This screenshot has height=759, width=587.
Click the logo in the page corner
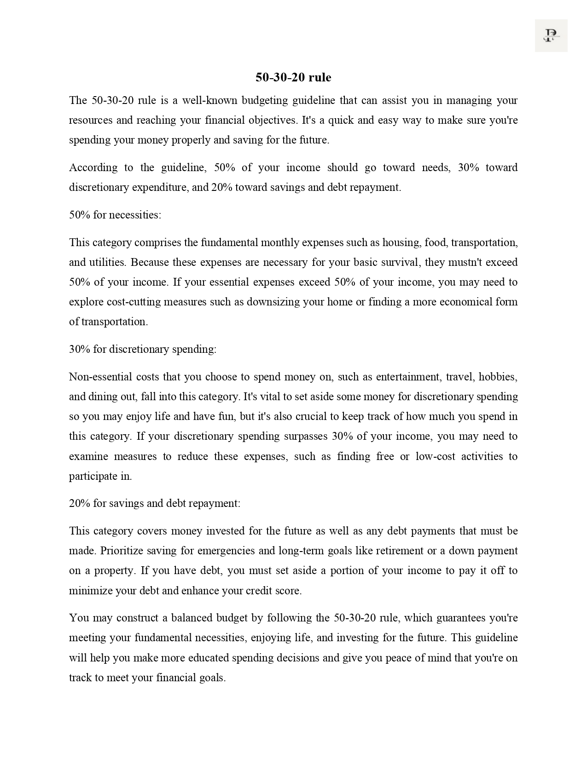(551, 35)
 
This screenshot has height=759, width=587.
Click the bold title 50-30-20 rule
(293, 77)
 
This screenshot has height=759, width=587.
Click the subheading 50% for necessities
(115, 215)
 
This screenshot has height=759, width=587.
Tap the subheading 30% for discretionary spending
(143, 349)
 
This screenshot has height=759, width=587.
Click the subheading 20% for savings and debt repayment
(155, 503)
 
